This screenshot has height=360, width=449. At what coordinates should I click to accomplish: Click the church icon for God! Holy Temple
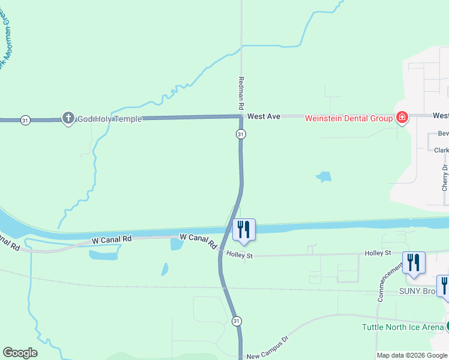68,118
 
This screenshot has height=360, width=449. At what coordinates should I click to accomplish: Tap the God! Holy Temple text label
110,119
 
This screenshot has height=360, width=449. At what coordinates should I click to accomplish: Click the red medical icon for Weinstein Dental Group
402,118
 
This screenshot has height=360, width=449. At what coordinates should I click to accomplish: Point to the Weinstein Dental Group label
348,118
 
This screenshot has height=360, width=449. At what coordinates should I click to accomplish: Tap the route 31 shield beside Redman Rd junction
240,134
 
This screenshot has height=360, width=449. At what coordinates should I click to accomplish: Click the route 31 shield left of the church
25,120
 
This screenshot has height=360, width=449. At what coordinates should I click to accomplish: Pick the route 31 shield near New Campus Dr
237,321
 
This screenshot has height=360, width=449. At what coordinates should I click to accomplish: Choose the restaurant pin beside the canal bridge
244,230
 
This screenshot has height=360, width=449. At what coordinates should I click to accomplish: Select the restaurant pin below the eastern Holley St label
414,263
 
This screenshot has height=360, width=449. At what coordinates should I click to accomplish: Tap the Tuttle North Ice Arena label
402,327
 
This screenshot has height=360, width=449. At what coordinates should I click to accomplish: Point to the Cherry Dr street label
444,177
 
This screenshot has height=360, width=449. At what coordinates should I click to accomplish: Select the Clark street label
441,150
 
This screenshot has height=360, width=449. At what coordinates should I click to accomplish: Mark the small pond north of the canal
324,177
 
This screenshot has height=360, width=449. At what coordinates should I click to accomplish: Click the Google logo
20,353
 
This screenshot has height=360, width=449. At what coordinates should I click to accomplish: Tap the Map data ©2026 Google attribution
412,355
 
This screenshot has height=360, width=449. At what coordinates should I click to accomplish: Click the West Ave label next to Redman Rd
264,116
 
